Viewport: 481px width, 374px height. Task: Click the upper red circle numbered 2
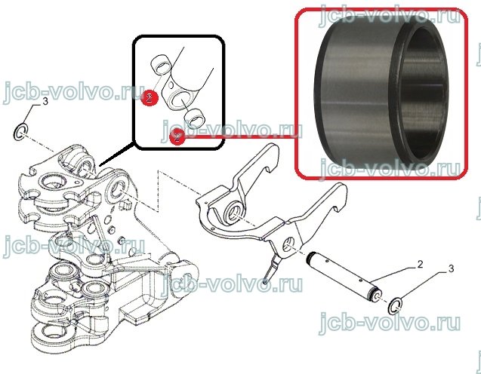pyautogui.click(x=150, y=98)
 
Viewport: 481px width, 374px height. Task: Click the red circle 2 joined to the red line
pyautogui.click(x=177, y=136)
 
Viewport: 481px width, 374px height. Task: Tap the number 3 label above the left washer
pyautogui.click(x=45, y=101)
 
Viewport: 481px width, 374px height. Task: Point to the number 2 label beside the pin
pyautogui.click(x=420, y=264)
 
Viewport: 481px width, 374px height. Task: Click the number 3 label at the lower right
pyautogui.click(x=451, y=268)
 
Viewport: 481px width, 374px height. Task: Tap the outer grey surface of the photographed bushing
pyautogui.click(x=353, y=92)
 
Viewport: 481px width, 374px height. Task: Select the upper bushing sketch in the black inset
pyautogui.click(x=161, y=63)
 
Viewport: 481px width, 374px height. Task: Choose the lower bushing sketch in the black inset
pyautogui.click(x=194, y=118)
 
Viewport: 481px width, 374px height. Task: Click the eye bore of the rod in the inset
pyautogui.click(x=179, y=100)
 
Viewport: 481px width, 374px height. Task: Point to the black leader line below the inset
pyautogui.click(x=117, y=154)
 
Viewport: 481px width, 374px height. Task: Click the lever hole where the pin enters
pyautogui.click(x=288, y=245)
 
